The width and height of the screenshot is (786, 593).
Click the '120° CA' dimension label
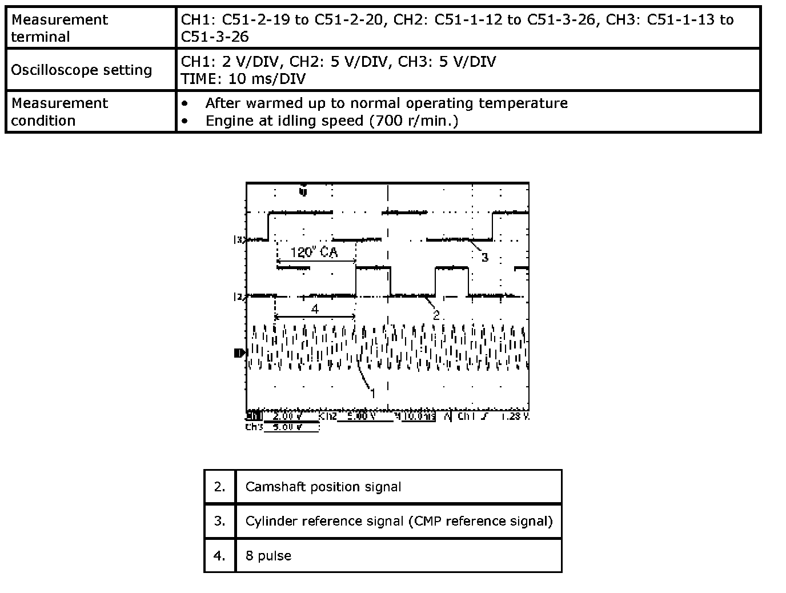pos(314,252)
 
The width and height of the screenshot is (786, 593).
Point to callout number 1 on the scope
pos(373,393)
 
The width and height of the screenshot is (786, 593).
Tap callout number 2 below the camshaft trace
pos(436,315)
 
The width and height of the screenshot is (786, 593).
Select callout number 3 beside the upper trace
pos(484,257)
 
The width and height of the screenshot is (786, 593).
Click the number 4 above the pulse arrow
pos(315,309)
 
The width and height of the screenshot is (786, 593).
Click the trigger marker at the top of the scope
pos(303,191)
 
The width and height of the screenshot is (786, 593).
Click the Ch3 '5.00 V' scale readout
pos(287,427)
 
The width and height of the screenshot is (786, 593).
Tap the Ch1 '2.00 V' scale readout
pos(287,416)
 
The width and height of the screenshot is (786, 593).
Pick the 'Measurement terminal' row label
pos(59,28)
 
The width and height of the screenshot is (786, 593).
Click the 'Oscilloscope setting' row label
pos(82,70)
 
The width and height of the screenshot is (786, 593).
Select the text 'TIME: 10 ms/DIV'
pos(243,79)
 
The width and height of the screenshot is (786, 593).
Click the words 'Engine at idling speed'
pos(284,121)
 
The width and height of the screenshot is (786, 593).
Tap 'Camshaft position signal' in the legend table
pos(323,487)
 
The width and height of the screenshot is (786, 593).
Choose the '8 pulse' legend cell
pos(268,556)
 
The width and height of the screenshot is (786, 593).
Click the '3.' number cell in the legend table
pos(220,521)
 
